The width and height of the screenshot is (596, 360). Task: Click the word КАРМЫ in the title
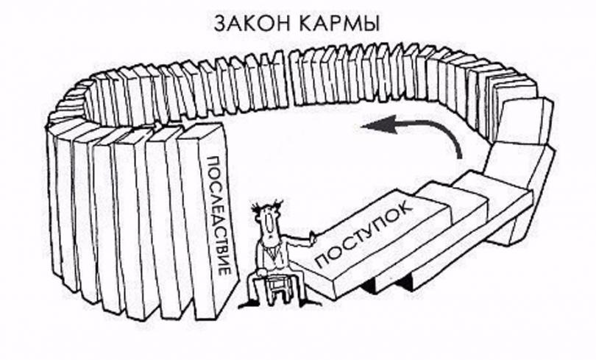click(339, 24)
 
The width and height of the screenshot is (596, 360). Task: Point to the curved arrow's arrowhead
click(378, 125)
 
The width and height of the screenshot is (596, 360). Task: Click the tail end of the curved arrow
click(460, 157)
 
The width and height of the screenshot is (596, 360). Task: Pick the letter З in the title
click(220, 24)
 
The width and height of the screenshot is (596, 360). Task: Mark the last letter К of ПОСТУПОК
click(405, 206)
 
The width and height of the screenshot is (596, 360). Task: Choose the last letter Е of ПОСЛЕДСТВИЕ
click(225, 272)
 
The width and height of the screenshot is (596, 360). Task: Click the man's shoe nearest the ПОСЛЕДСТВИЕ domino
click(248, 303)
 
